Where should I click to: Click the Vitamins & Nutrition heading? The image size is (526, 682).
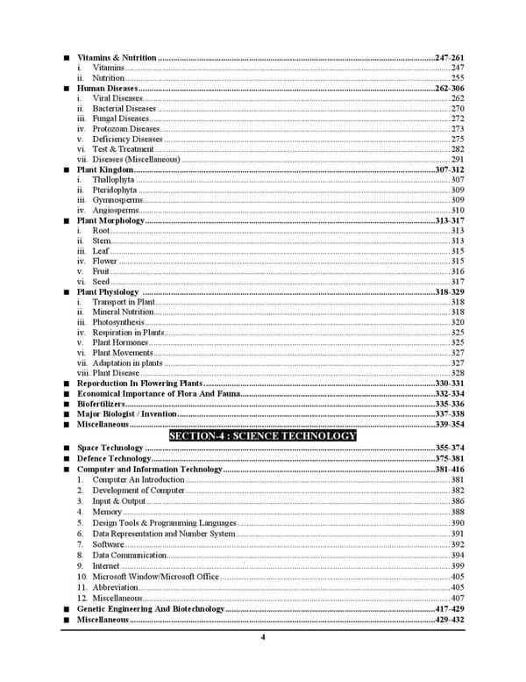[117, 57]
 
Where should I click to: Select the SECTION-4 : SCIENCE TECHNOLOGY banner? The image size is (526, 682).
[262, 436]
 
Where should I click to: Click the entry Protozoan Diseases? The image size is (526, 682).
[126, 129]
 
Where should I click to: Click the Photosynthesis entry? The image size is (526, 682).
[118, 322]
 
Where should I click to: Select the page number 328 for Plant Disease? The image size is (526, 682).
[457, 373]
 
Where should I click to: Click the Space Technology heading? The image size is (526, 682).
[110, 449]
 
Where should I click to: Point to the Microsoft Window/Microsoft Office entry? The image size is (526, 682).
[155, 577]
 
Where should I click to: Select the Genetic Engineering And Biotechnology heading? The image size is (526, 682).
[151, 608]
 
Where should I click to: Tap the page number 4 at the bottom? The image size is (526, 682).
[262, 638]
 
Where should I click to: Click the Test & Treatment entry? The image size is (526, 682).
[123, 149]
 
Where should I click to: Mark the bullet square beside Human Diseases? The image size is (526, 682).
[68, 89]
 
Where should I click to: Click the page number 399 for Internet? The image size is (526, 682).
[457, 566]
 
